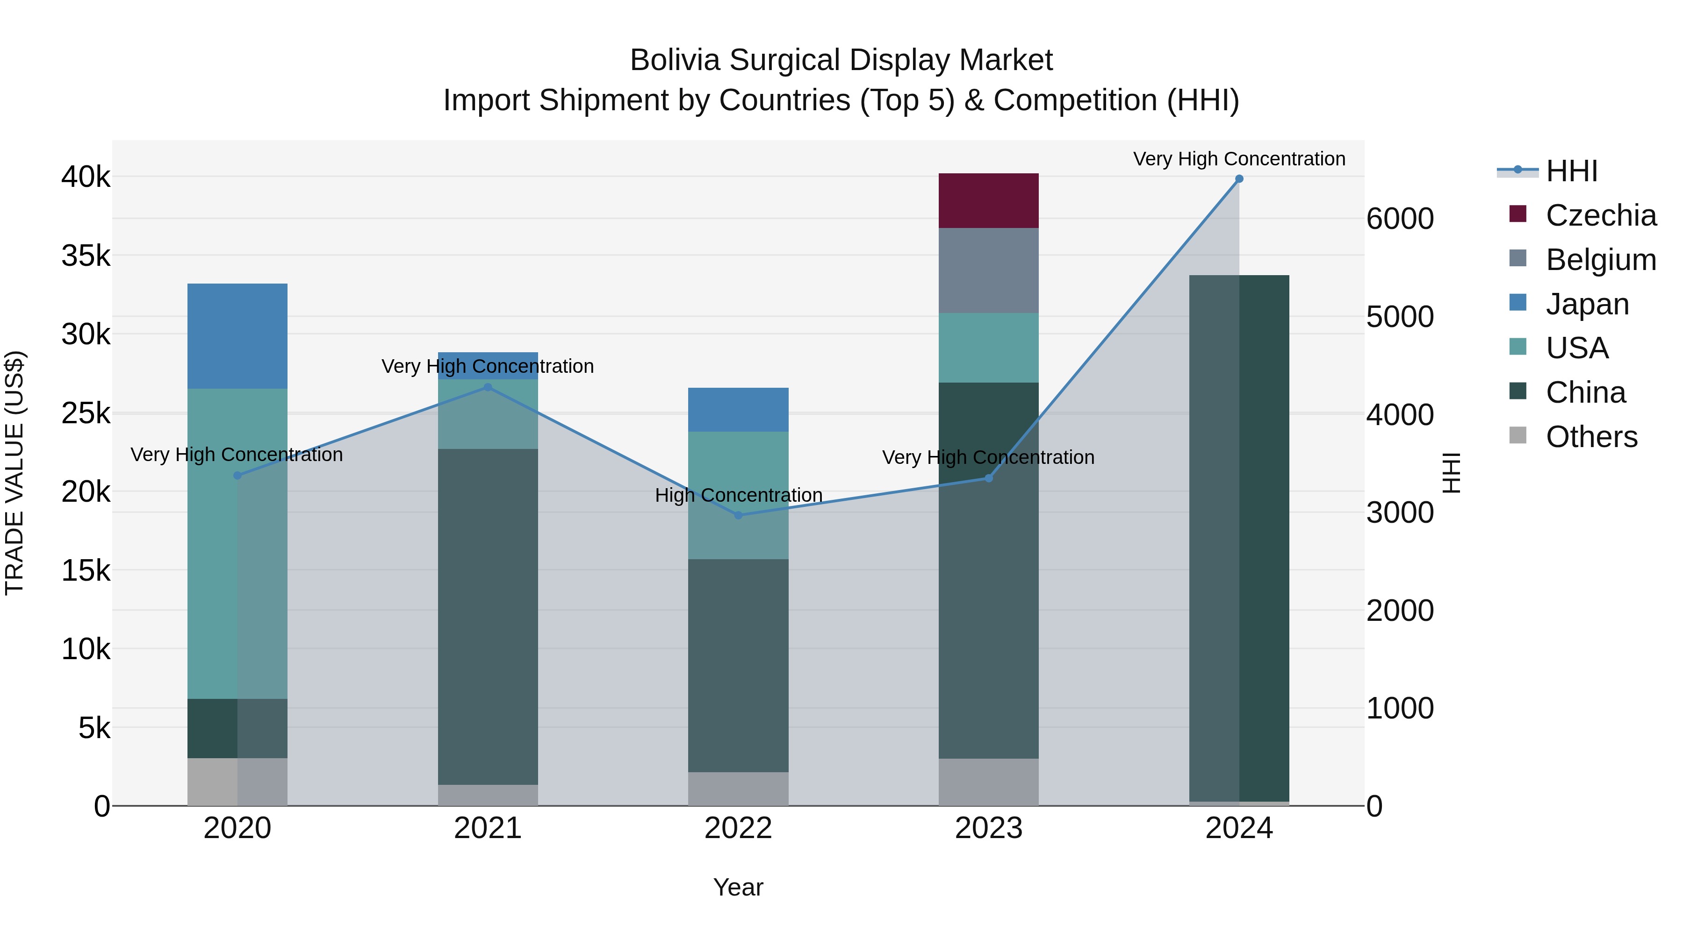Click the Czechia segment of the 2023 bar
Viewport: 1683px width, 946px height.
[x=988, y=200]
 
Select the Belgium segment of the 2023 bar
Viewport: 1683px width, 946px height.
[x=988, y=270]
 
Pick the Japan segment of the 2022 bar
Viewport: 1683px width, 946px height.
[x=738, y=409]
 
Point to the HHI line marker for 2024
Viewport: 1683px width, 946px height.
[x=1239, y=179]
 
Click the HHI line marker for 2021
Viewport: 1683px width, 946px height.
[x=488, y=387]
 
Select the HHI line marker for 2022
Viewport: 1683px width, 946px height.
[x=738, y=515]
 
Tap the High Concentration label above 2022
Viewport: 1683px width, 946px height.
[x=738, y=496]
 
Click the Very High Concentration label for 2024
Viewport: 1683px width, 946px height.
[x=1239, y=159]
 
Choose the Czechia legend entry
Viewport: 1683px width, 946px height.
[x=1600, y=215]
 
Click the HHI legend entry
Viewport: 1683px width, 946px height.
[x=1571, y=171]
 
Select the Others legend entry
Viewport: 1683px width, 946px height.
[x=1591, y=437]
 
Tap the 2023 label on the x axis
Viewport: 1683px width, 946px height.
[x=988, y=828]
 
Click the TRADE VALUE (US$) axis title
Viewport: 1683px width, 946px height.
[x=15, y=473]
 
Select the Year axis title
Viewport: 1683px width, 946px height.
[x=738, y=887]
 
